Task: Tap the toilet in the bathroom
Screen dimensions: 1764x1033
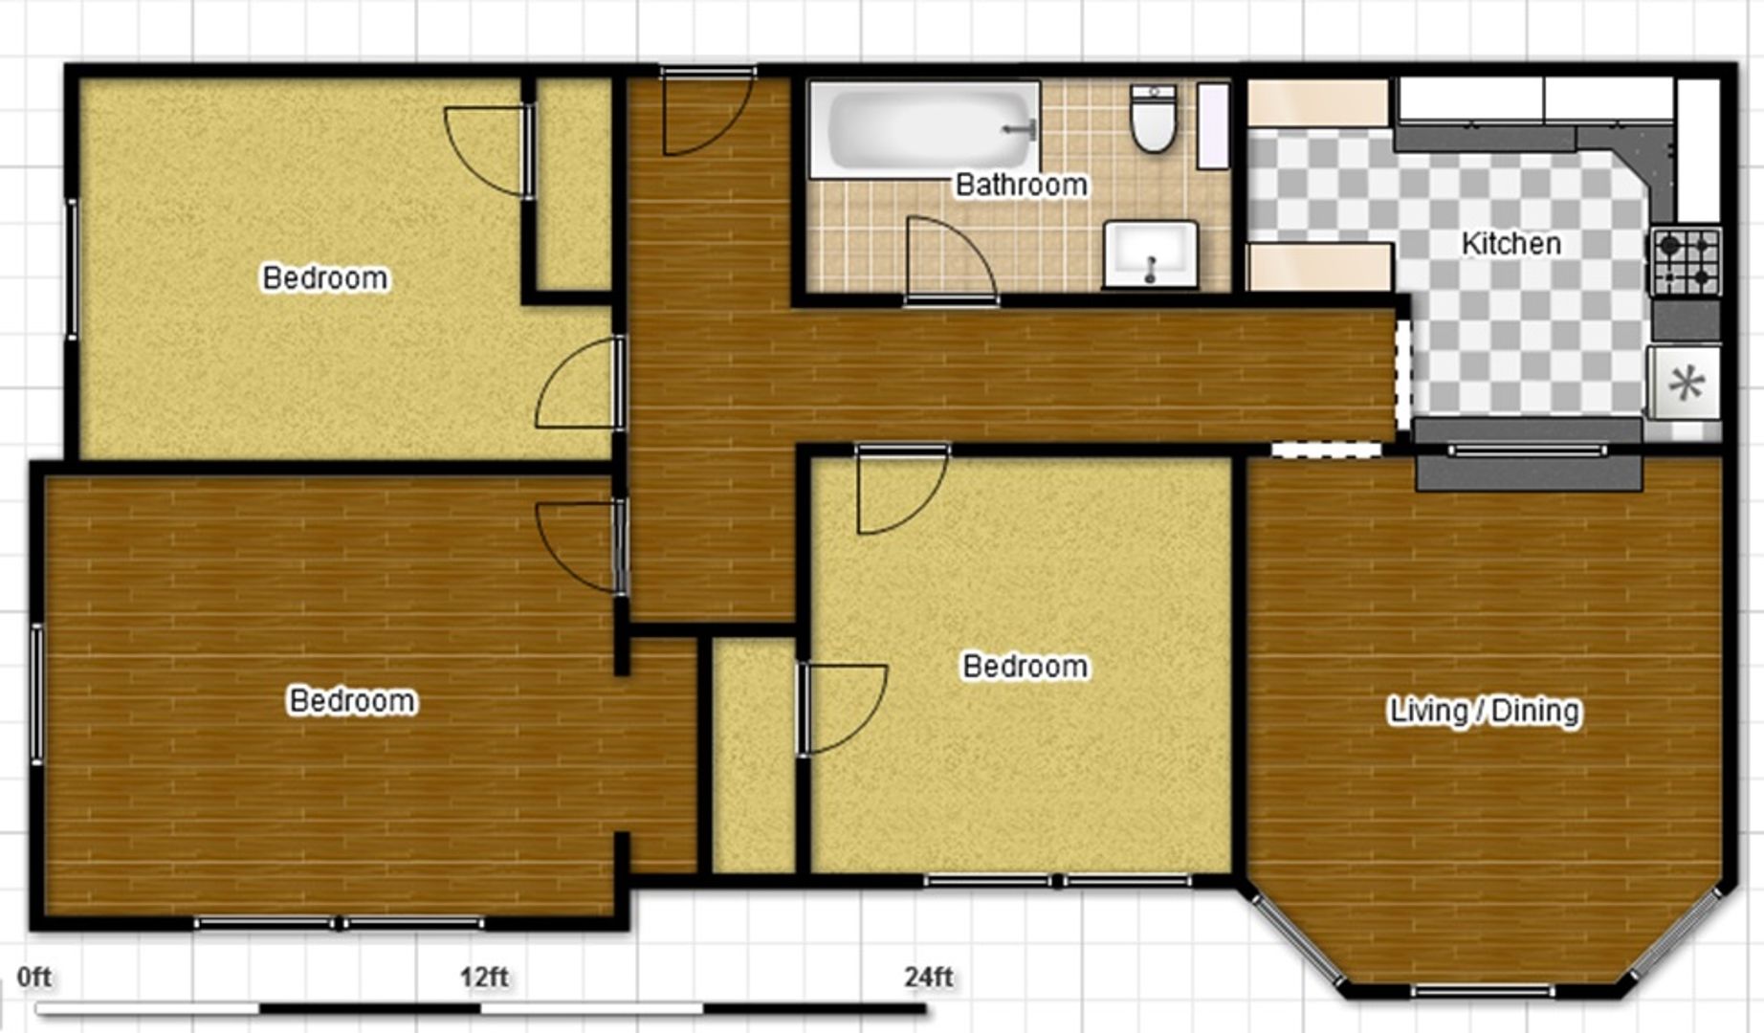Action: pos(1154,119)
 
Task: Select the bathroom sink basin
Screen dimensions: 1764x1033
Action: pos(1151,254)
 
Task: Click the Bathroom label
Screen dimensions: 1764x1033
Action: pos(1022,185)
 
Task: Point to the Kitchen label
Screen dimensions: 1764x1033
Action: pos(1511,244)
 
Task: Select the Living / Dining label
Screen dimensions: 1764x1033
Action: pos(1485,711)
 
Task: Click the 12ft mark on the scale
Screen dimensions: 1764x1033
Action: pos(483,978)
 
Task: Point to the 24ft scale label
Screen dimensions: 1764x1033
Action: pos(929,978)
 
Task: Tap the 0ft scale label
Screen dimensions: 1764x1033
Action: pos(34,978)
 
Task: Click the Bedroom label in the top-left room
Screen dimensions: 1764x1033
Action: pos(325,278)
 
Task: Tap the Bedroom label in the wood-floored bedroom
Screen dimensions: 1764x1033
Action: pos(352,701)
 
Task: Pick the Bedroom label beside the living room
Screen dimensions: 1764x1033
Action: pos(1025,667)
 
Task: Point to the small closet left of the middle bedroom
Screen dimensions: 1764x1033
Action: pos(754,756)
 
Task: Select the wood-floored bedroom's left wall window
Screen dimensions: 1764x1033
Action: pos(37,693)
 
